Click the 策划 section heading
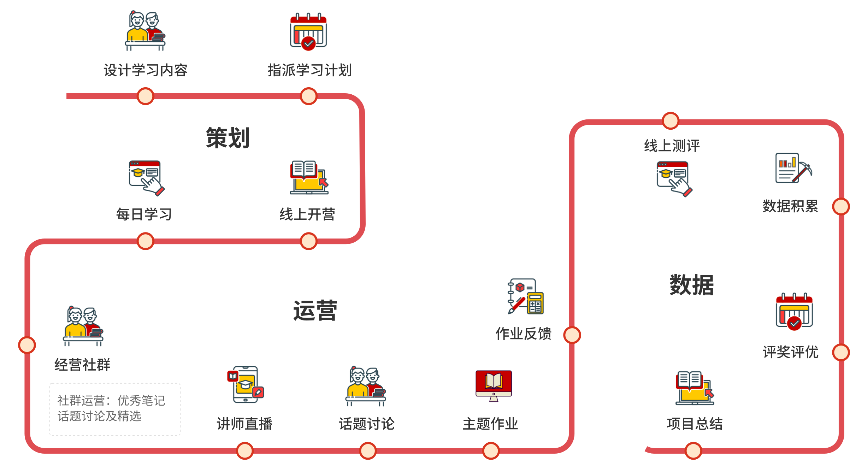228,138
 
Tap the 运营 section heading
315,311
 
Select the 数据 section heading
691,285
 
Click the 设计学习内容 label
145,70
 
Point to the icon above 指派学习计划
308,32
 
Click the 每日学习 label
144,214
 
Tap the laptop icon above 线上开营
308,178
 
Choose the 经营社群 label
82,365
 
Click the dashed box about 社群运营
115,409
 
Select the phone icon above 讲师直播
244,385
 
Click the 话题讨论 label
366,424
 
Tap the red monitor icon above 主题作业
493,383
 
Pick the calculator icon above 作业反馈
523,296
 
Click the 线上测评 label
672,146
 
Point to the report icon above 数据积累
791,168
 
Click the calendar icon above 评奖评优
794,312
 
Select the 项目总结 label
695,424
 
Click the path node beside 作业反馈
572,335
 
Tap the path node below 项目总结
693,450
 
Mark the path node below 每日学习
145,241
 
